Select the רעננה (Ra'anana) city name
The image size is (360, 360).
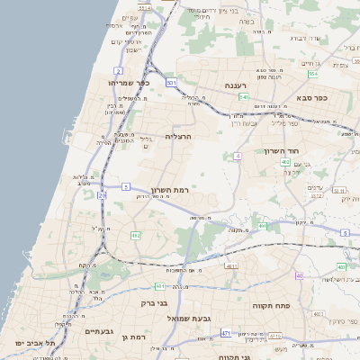click(242, 85)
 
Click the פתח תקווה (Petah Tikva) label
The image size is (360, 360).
click(281, 306)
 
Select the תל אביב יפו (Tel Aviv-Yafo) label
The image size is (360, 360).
click(35, 344)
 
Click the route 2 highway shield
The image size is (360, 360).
click(119, 69)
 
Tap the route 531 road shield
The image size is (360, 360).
click(171, 83)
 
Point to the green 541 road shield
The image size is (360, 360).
click(244, 96)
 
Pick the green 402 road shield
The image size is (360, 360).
click(284, 162)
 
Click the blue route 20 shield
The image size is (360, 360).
click(103, 194)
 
